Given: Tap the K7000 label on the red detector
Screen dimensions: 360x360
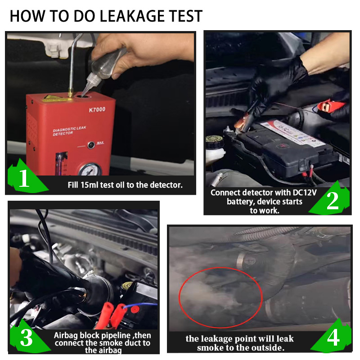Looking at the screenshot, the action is pos(97,109).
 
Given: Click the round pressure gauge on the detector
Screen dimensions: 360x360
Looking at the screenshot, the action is pos(90,170).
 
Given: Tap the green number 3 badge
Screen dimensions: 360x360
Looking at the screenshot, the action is pos(27,336).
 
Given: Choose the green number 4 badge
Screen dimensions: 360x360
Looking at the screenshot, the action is pos(332,337).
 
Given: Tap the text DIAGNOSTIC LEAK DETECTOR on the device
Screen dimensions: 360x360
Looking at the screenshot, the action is pos(69,130).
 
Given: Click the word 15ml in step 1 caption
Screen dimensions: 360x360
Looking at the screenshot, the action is pos(89,185).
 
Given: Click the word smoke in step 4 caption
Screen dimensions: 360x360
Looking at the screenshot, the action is pos(210,348).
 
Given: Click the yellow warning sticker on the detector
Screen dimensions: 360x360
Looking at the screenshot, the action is pos(53,98).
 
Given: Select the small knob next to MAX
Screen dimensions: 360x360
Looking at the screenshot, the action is pos(91,145).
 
